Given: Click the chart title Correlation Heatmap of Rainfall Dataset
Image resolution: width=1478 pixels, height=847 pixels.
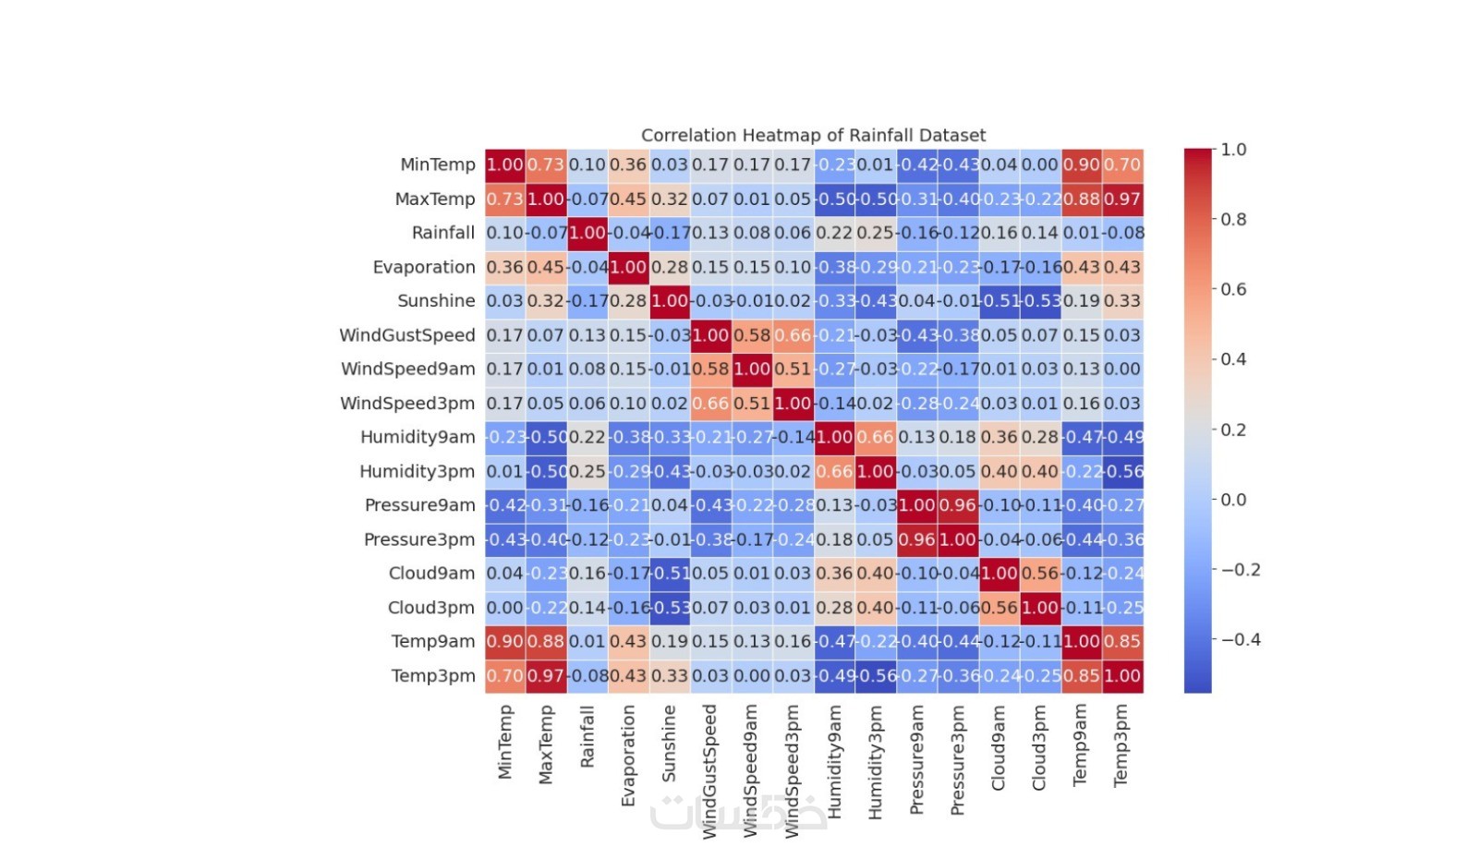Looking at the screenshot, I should point(813,136).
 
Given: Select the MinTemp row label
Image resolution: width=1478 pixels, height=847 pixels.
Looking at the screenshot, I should point(437,165).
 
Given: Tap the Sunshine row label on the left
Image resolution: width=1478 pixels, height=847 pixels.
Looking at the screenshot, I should point(436,301).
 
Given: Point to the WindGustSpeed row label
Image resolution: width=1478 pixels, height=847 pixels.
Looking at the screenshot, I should point(406,335).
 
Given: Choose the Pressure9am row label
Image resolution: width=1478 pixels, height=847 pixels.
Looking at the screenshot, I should point(419,505).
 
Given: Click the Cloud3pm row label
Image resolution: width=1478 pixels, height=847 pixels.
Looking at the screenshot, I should point(430,608).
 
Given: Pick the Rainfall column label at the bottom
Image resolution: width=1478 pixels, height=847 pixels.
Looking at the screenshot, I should point(588,737).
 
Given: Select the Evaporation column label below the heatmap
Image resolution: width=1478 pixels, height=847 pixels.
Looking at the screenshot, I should point(628,756).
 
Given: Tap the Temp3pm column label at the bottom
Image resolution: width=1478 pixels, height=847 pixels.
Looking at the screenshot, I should point(1121,745).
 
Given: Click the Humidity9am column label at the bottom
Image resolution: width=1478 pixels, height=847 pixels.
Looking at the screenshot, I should point(834,762).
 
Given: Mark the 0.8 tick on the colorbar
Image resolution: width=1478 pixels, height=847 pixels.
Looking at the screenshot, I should point(1233,220).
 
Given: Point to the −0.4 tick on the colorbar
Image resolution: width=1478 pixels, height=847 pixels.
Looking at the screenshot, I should point(1241,640).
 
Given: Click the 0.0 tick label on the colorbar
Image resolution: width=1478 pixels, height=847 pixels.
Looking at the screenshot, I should point(1233,500).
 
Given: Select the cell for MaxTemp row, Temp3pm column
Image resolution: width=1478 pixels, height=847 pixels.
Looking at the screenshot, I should point(1122,200).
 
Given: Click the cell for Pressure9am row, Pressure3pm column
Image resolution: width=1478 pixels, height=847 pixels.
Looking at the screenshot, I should point(958,505).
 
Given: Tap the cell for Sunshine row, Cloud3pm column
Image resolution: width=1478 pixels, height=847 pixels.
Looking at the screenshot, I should point(1040,301).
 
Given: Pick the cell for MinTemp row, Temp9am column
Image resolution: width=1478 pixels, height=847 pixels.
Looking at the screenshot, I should point(1081,165).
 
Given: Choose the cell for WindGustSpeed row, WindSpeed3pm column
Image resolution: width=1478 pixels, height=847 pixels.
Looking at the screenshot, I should point(794,335).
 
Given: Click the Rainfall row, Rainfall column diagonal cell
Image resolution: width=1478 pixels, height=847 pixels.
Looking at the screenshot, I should point(588,233).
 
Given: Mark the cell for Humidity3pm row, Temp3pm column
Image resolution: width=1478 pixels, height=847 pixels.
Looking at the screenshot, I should point(1122,471).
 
